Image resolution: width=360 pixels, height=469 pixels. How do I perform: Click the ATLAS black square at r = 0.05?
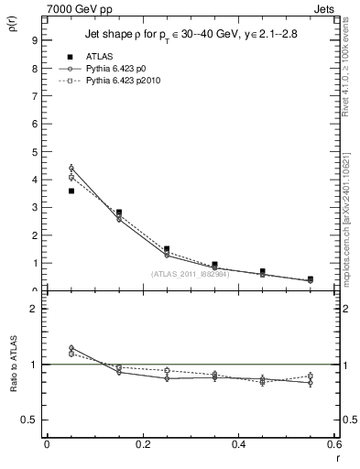(71, 191)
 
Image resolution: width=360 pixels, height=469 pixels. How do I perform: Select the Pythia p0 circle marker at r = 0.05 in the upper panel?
(71, 168)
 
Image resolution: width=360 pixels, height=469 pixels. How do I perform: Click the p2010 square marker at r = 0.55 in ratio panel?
(311, 376)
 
